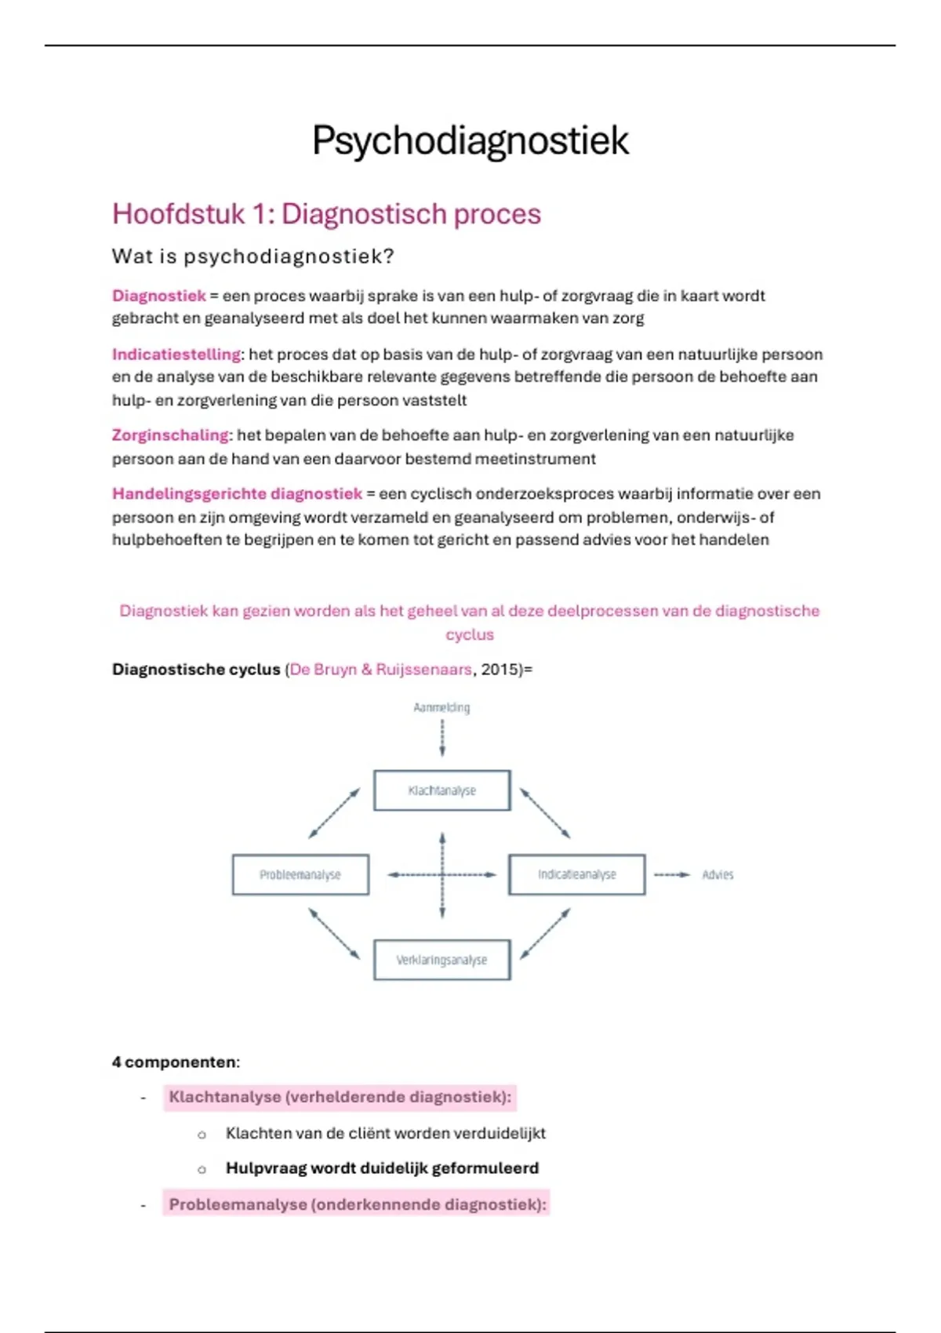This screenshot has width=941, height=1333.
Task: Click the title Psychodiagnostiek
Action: (x=470, y=141)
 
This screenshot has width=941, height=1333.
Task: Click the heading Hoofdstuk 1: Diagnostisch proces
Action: (x=326, y=214)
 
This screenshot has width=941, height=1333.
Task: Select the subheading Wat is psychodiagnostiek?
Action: (x=253, y=256)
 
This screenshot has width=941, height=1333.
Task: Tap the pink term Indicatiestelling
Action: (x=176, y=354)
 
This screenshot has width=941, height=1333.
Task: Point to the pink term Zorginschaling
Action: (x=170, y=435)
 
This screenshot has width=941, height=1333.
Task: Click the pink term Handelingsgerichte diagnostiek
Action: (x=237, y=494)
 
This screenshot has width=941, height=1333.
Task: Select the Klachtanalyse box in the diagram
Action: (x=441, y=790)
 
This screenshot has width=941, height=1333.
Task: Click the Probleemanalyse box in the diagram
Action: (x=300, y=874)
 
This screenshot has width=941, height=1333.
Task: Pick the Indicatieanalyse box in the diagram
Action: (x=576, y=874)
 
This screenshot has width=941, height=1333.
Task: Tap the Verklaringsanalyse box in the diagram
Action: (x=441, y=960)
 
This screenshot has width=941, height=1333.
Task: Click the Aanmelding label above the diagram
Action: (x=441, y=707)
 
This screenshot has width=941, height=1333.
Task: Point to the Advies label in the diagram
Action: (x=718, y=874)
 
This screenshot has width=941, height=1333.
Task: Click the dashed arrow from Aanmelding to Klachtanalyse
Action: (x=442, y=738)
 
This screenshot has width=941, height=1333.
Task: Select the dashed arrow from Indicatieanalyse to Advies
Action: (x=672, y=874)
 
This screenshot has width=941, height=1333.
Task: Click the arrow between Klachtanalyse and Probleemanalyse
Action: (x=334, y=813)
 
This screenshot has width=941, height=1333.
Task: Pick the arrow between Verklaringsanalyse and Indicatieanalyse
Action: (x=546, y=933)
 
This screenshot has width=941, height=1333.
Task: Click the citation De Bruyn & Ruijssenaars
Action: (x=380, y=670)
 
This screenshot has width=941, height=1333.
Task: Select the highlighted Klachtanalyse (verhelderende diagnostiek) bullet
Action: (x=340, y=1097)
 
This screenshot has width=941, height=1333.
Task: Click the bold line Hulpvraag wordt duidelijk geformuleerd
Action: (x=382, y=1168)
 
